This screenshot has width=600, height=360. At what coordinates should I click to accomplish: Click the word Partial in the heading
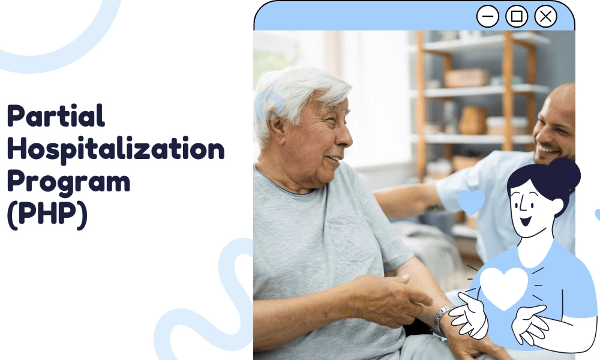tap(56, 115)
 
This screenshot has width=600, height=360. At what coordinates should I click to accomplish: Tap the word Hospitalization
tap(115, 149)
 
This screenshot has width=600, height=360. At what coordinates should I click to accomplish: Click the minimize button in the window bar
tap(488, 16)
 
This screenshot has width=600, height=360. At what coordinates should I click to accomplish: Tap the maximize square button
tap(517, 16)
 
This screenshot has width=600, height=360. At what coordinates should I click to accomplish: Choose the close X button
tap(545, 16)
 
